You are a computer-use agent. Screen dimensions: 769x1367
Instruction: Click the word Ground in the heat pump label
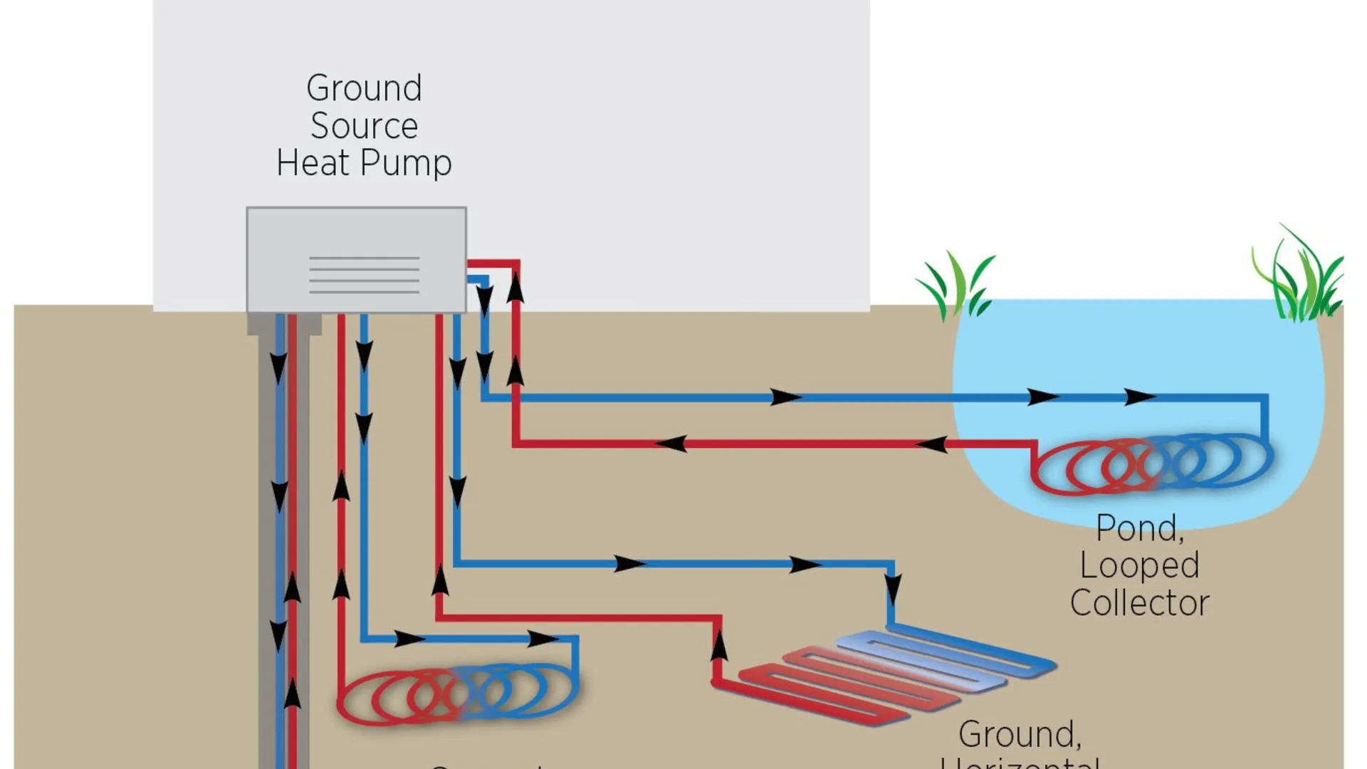click(364, 88)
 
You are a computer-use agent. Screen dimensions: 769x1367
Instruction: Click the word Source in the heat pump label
click(364, 126)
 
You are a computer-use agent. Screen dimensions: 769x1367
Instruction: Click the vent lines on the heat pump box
click(364, 275)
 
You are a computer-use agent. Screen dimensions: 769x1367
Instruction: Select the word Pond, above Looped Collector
click(1139, 528)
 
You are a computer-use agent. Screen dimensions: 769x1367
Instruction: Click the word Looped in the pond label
click(1139, 566)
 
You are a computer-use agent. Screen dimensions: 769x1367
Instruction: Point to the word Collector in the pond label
click(1139, 603)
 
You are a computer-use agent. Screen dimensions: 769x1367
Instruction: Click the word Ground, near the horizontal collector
click(1020, 734)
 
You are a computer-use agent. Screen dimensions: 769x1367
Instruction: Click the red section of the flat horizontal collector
click(819, 687)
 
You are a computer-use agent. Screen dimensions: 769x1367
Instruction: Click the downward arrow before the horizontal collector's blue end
click(892, 590)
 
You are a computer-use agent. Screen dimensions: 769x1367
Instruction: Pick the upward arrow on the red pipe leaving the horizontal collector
click(719, 645)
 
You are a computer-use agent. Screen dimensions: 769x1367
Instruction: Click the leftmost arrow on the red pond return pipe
click(671, 444)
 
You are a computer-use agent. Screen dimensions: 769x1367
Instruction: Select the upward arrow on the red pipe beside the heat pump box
click(515, 288)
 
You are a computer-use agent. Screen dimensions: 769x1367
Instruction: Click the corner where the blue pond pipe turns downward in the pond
click(1264, 397)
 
